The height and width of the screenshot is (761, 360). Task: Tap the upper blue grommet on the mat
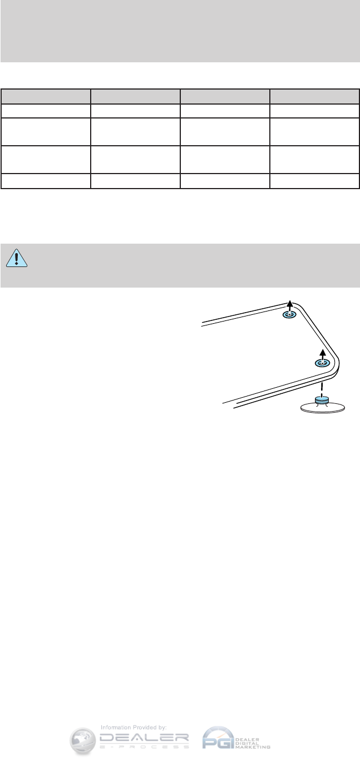(x=289, y=315)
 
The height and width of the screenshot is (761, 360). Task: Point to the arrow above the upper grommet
(x=289, y=304)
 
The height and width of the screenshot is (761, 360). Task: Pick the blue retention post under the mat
(x=322, y=401)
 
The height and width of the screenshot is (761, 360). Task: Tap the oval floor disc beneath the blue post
(x=322, y=409)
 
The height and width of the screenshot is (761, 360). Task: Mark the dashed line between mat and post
(x=322, y=387)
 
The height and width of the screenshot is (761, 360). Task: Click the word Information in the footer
(x=115, y=727)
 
